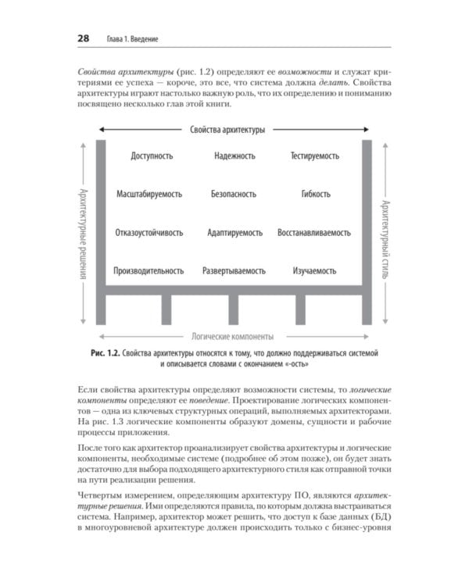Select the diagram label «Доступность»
(x=152, y=156)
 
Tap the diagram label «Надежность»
(x=234, y=156)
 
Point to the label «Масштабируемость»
(x=150, y=194)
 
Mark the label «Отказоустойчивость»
(x=149, y=233)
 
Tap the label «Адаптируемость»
(x=234, y=233)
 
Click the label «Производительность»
(x=149, y=271)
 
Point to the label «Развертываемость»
(x=234, y=271)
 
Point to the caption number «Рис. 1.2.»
(x=104, y=354)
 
